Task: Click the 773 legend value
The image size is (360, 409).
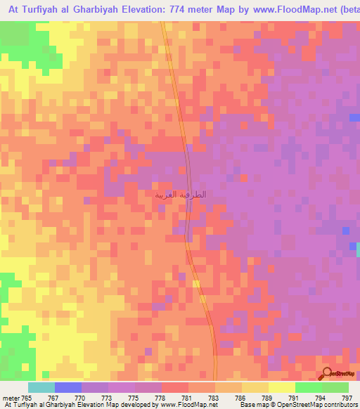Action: [x=109, y=397]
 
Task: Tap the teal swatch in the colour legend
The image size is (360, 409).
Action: [x=41, y=387]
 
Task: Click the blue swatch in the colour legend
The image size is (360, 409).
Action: [x=68, y=387]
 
